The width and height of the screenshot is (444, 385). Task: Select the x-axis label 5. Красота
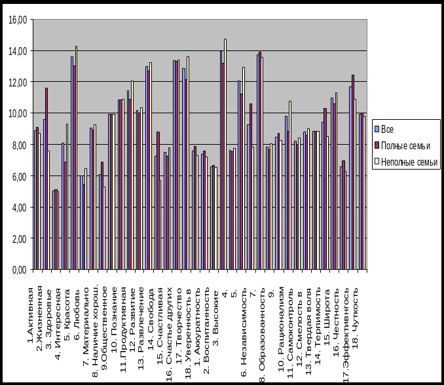(68, 307)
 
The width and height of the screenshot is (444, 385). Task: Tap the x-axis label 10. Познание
(114, 310)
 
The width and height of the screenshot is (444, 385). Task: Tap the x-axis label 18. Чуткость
(356, 310)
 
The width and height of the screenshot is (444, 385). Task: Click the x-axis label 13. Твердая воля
(309, 321)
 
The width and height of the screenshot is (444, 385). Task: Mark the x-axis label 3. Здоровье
(49, 311)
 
